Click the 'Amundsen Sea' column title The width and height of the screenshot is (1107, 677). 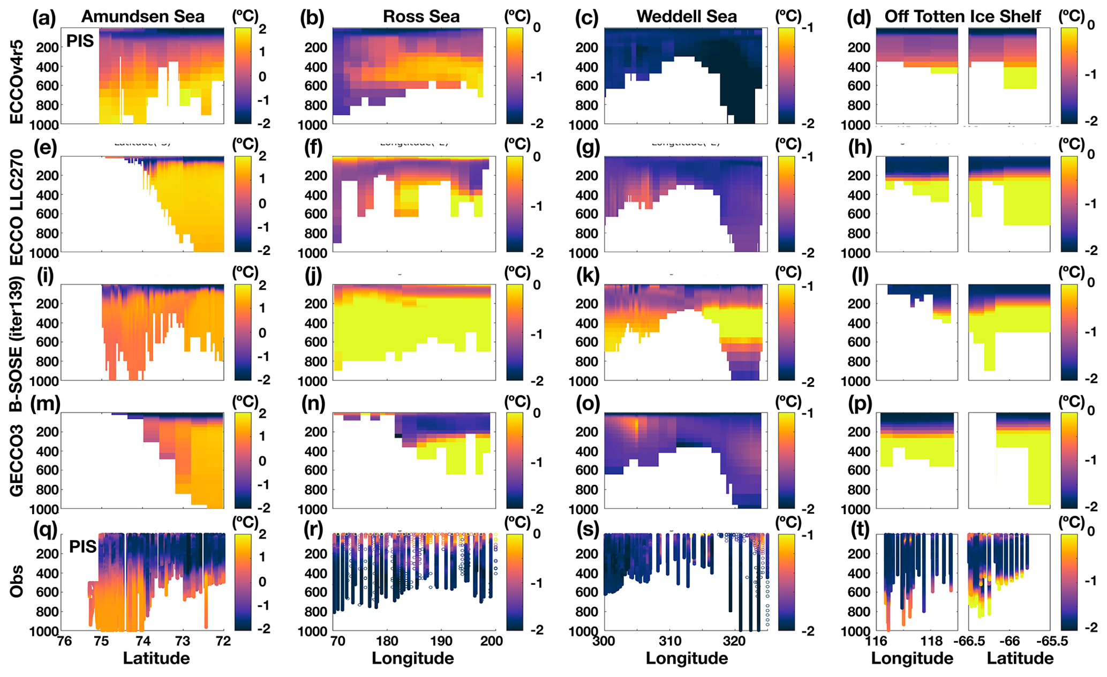click(142, 17)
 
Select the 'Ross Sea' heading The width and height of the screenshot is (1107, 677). click(421, 17)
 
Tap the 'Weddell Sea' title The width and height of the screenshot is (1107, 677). click(686, 17)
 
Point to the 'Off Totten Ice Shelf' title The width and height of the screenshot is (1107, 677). click(962, 17)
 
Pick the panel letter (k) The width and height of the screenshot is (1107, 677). click(588, 275)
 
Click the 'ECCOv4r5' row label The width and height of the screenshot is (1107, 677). click(17, 76)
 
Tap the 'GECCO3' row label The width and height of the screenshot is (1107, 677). click(17, 461)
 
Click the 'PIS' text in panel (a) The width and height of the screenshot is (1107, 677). click(80, 41)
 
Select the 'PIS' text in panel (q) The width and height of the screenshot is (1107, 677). click(82, 547)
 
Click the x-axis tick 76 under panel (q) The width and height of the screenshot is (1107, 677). click(64, 642)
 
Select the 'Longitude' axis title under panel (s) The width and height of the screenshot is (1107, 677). click(686, 658)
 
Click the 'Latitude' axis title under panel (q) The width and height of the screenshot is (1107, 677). click(156, 658)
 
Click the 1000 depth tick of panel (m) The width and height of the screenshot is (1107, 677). click(46, 509)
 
